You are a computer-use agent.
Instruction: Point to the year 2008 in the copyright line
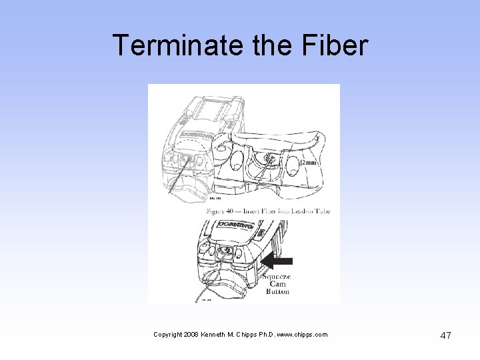pyautogui.click(x=190, y=335)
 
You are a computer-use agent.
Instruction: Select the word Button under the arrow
pyautogui.click(x=278, y=291)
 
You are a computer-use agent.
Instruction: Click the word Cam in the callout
pyautogui.click(x=277, y=283)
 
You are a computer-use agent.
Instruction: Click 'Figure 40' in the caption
pyautogui.click(x=223, y=211)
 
